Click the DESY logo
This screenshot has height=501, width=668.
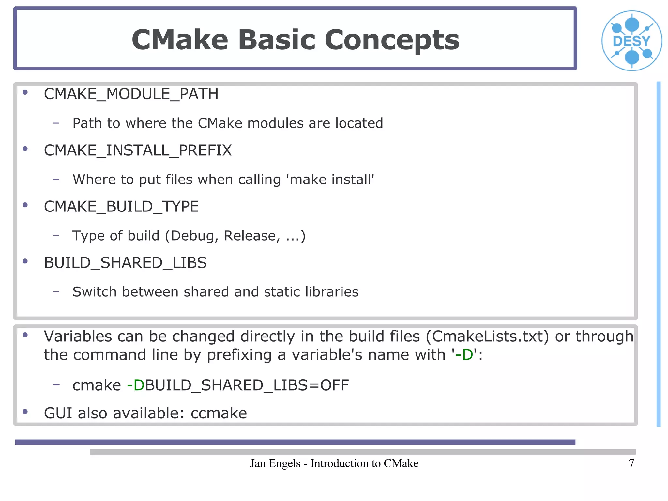[631, 41]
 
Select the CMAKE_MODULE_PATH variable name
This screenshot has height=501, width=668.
[131, 94]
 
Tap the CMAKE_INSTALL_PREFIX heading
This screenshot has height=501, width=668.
[138, 150]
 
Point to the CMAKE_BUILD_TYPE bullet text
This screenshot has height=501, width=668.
[121, 207]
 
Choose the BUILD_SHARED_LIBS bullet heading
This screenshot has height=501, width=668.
[125, 263]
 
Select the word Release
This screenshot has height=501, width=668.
[252, 236]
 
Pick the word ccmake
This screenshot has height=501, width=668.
[219, 413]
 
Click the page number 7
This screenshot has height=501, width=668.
[631, 463]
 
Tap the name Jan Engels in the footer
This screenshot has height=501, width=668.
[275, 463]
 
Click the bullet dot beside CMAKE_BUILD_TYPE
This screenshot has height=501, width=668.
[25, 205]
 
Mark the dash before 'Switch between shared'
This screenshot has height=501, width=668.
[56, 291]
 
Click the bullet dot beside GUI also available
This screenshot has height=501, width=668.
[25, 412]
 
